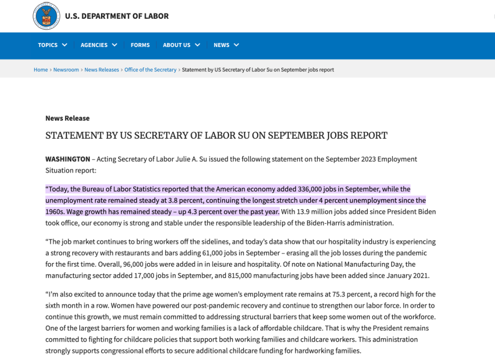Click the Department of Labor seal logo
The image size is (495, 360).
47,16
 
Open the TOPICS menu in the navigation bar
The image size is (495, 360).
48,45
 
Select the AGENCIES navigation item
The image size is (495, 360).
94,45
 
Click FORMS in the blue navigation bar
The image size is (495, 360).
140,45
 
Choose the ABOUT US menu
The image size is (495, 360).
177,45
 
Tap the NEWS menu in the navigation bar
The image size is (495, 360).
222,45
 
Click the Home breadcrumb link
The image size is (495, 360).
41,70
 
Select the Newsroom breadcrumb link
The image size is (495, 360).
66,70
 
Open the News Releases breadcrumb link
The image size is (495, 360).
101,70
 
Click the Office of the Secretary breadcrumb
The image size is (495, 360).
150,70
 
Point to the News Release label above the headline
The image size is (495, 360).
67,118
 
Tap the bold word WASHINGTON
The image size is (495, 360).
68,159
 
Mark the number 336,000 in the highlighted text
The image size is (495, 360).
310,189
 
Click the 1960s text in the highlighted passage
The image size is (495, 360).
56,212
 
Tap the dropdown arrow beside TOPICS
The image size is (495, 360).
64,45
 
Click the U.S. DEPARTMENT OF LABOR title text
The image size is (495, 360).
117,16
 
